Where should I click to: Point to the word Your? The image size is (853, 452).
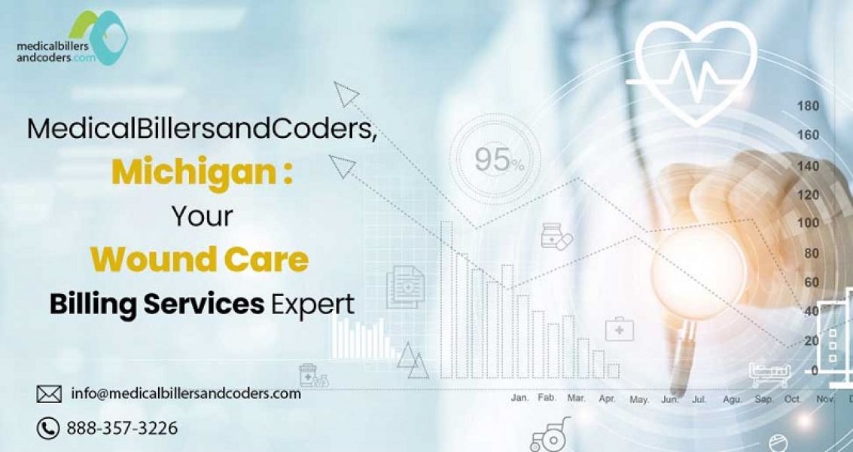point(202,216)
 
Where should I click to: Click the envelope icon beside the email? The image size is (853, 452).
point(49,393)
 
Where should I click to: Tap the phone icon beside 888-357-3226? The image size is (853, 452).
point(48,429)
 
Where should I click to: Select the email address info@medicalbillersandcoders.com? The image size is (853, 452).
point(185,393)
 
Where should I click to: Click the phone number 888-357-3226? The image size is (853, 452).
point(122,429)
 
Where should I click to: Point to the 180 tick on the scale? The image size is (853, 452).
point(808,106)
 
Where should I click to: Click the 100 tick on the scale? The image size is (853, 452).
point(808,223)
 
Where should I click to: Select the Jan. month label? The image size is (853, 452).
point(519,397)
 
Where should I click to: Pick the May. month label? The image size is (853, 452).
point(639,399)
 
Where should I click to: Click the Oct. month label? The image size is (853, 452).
point(792,398)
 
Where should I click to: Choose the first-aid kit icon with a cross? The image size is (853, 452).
point(620,329)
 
